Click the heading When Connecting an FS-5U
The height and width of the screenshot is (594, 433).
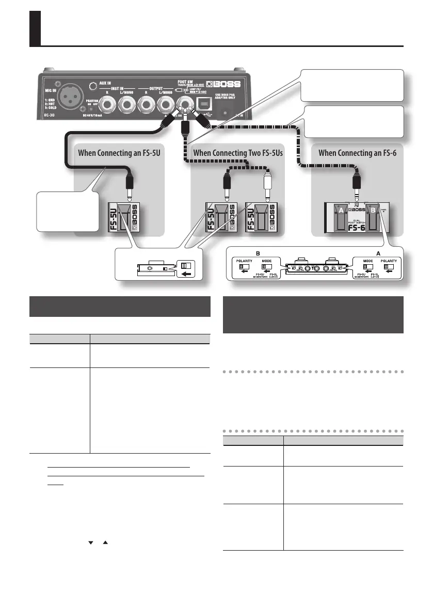[x=119, y=153]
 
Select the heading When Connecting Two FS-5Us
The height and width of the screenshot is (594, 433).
[x=237, y=153]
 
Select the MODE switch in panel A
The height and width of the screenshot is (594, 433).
[x=367, y=267]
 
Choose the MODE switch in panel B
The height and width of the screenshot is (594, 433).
[x=266, y=267]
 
